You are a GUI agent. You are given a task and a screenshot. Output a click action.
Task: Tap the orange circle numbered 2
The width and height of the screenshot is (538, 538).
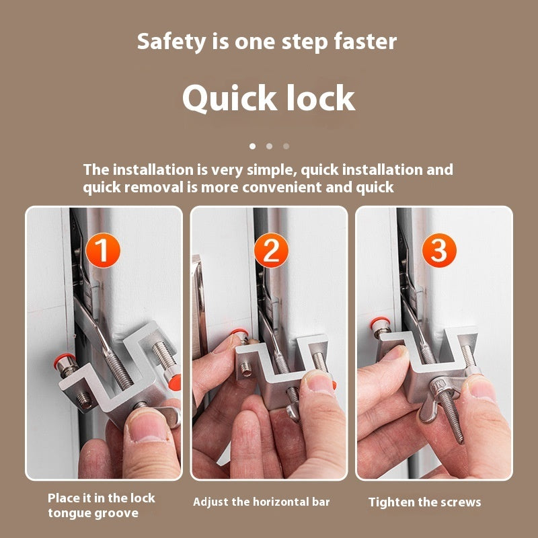click(x=271, y=251)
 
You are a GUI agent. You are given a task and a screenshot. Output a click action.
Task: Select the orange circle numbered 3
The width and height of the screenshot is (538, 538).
click(x=438, y=251)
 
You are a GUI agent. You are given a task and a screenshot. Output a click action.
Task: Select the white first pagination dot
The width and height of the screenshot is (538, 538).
click(x=252, y=145)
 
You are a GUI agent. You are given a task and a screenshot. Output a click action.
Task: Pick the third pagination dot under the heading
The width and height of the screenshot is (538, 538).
click(x=286, y=145)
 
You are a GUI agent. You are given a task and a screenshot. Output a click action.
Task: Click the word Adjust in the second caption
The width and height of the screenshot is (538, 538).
click(x=211, y=502)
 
